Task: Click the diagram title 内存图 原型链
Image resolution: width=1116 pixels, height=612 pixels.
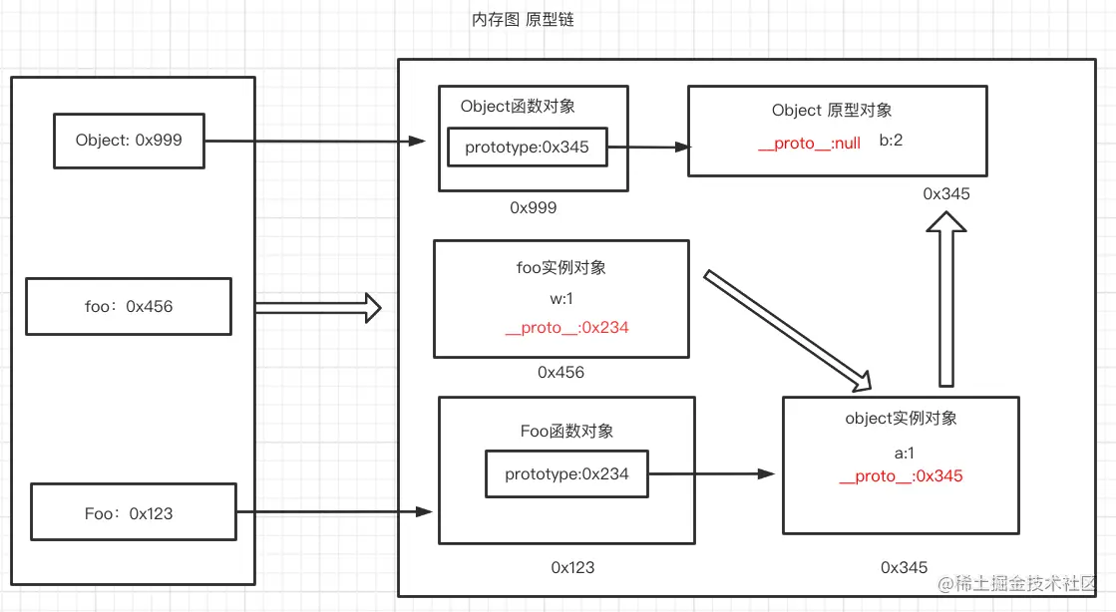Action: tap(524, 20)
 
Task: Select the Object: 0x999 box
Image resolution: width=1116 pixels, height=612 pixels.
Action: tap(129, 141)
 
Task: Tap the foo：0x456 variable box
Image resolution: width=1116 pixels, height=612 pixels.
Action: tap(129, 307)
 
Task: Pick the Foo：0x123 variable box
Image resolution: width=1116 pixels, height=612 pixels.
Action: tap(134, 513)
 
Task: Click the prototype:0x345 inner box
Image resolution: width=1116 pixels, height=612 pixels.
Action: tap(527, 148)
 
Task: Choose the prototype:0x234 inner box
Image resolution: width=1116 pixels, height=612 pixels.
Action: tap(566, 474)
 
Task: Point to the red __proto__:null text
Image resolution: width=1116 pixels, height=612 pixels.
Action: tap(809, 143)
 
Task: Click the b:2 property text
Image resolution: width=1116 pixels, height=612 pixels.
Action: tap(891, 141)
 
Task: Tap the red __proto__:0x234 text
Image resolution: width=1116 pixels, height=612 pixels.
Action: tap(566, 327)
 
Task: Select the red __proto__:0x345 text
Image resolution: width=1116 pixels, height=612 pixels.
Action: tap(901, 476)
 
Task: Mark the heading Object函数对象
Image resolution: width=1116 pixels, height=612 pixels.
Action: tap(518, 107)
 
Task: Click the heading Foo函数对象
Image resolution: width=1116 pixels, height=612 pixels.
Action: tap(566, 432)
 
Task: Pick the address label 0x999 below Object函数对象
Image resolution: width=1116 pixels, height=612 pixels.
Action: tap(533, 208)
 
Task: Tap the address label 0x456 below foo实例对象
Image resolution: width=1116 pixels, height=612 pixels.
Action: tap(560, 373)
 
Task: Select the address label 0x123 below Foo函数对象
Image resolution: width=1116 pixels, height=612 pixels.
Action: tap(572, 567)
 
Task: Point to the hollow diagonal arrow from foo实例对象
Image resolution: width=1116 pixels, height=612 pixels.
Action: tap(788, 330)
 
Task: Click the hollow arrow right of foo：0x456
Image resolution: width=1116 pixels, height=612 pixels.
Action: tap(318, 308)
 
